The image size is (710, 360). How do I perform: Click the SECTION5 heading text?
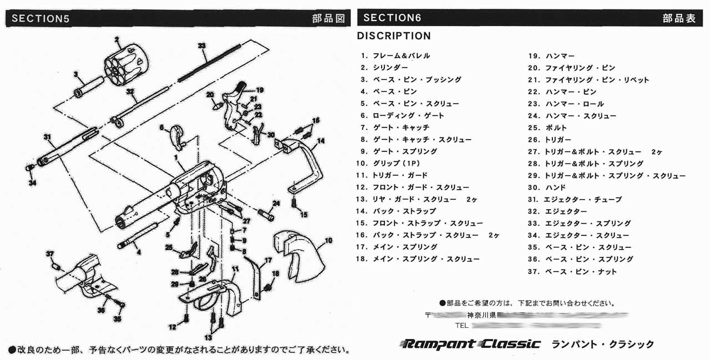(40, 18)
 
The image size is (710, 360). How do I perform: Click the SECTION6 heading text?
(392, 18)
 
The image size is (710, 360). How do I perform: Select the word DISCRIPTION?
(393, 36)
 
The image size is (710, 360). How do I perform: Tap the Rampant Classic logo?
(469, 344)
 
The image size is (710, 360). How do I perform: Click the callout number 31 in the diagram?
(47, 136)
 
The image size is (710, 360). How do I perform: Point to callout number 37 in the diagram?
(50, 253)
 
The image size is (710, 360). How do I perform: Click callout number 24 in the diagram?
(276, 203)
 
